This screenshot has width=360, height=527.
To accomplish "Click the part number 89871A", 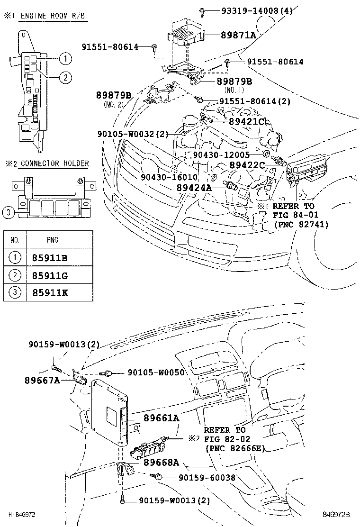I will tap(238, 35).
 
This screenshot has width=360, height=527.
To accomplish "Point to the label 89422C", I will tap(247, 164).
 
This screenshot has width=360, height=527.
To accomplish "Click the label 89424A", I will tap(194, 188).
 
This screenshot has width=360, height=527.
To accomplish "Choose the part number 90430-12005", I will tap(221, 155).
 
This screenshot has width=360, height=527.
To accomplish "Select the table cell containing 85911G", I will tap(50, 275).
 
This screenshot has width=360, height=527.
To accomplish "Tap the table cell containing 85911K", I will tap(50, 292).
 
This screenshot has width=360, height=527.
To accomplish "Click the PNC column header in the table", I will tap(53, 240).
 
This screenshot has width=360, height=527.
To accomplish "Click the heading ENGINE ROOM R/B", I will tap(46, 15).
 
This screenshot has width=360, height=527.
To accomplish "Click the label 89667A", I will tap(42, 380).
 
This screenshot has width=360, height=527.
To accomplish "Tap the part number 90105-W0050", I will tap(156, 373).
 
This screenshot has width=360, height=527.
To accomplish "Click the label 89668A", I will tap(161, 463).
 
